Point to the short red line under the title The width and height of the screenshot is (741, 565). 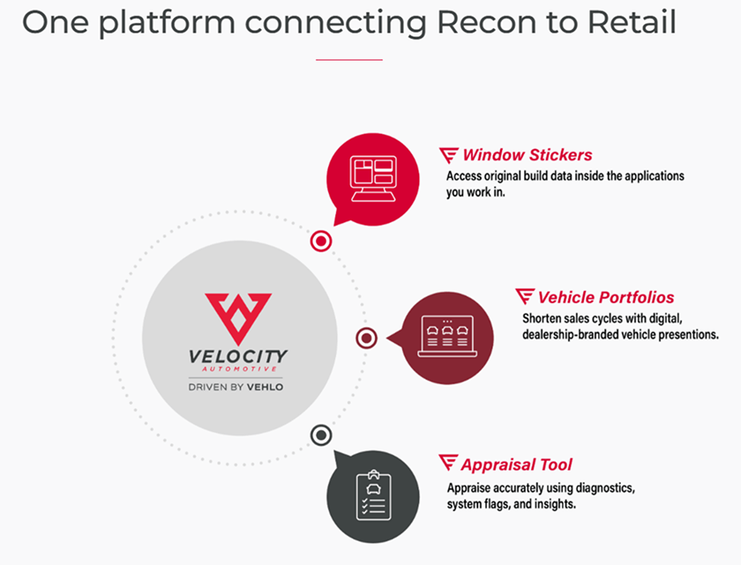[348, 60]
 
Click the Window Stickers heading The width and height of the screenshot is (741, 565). [528, 155]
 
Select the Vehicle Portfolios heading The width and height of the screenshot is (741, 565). [606, 297]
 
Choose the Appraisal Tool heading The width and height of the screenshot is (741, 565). [516, 464]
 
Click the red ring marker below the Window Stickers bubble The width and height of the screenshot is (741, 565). [321, 240]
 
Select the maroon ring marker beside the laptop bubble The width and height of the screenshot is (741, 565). [367, 338]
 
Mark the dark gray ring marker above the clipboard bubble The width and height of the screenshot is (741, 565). [321, 435]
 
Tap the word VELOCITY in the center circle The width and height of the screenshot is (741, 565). [238, 356]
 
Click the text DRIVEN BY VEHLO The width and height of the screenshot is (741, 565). [237, 386]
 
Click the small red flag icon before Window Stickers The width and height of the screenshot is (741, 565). [449, 155]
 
